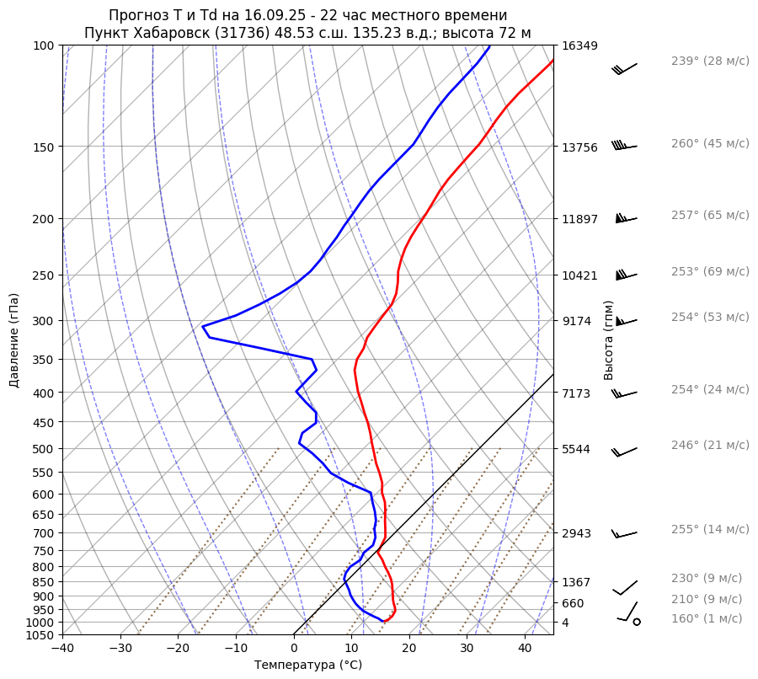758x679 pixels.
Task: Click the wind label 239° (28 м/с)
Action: [709, 61]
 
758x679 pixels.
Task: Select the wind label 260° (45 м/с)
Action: [709, 144]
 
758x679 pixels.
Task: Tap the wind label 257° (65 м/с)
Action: [709, 216]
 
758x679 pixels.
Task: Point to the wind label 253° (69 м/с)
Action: [709, 272]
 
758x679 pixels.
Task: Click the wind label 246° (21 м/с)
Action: [709, 446]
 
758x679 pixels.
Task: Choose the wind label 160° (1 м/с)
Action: [707, 619]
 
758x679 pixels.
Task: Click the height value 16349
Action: [579, 45]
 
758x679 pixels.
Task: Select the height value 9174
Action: [577, 321]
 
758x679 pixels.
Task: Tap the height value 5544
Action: [577, 449]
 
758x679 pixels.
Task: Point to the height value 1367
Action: [577, 582]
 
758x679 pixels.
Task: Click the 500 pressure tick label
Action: [43, 449]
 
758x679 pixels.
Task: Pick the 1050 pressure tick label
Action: [40, 635]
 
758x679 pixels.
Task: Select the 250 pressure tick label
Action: [43, 275]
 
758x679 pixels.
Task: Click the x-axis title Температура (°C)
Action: [308, 666]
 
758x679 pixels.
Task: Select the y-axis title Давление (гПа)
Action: [14, 340]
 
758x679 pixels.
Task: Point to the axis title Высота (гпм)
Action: [609, 339]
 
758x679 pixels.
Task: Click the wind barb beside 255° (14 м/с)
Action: [624, 534]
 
